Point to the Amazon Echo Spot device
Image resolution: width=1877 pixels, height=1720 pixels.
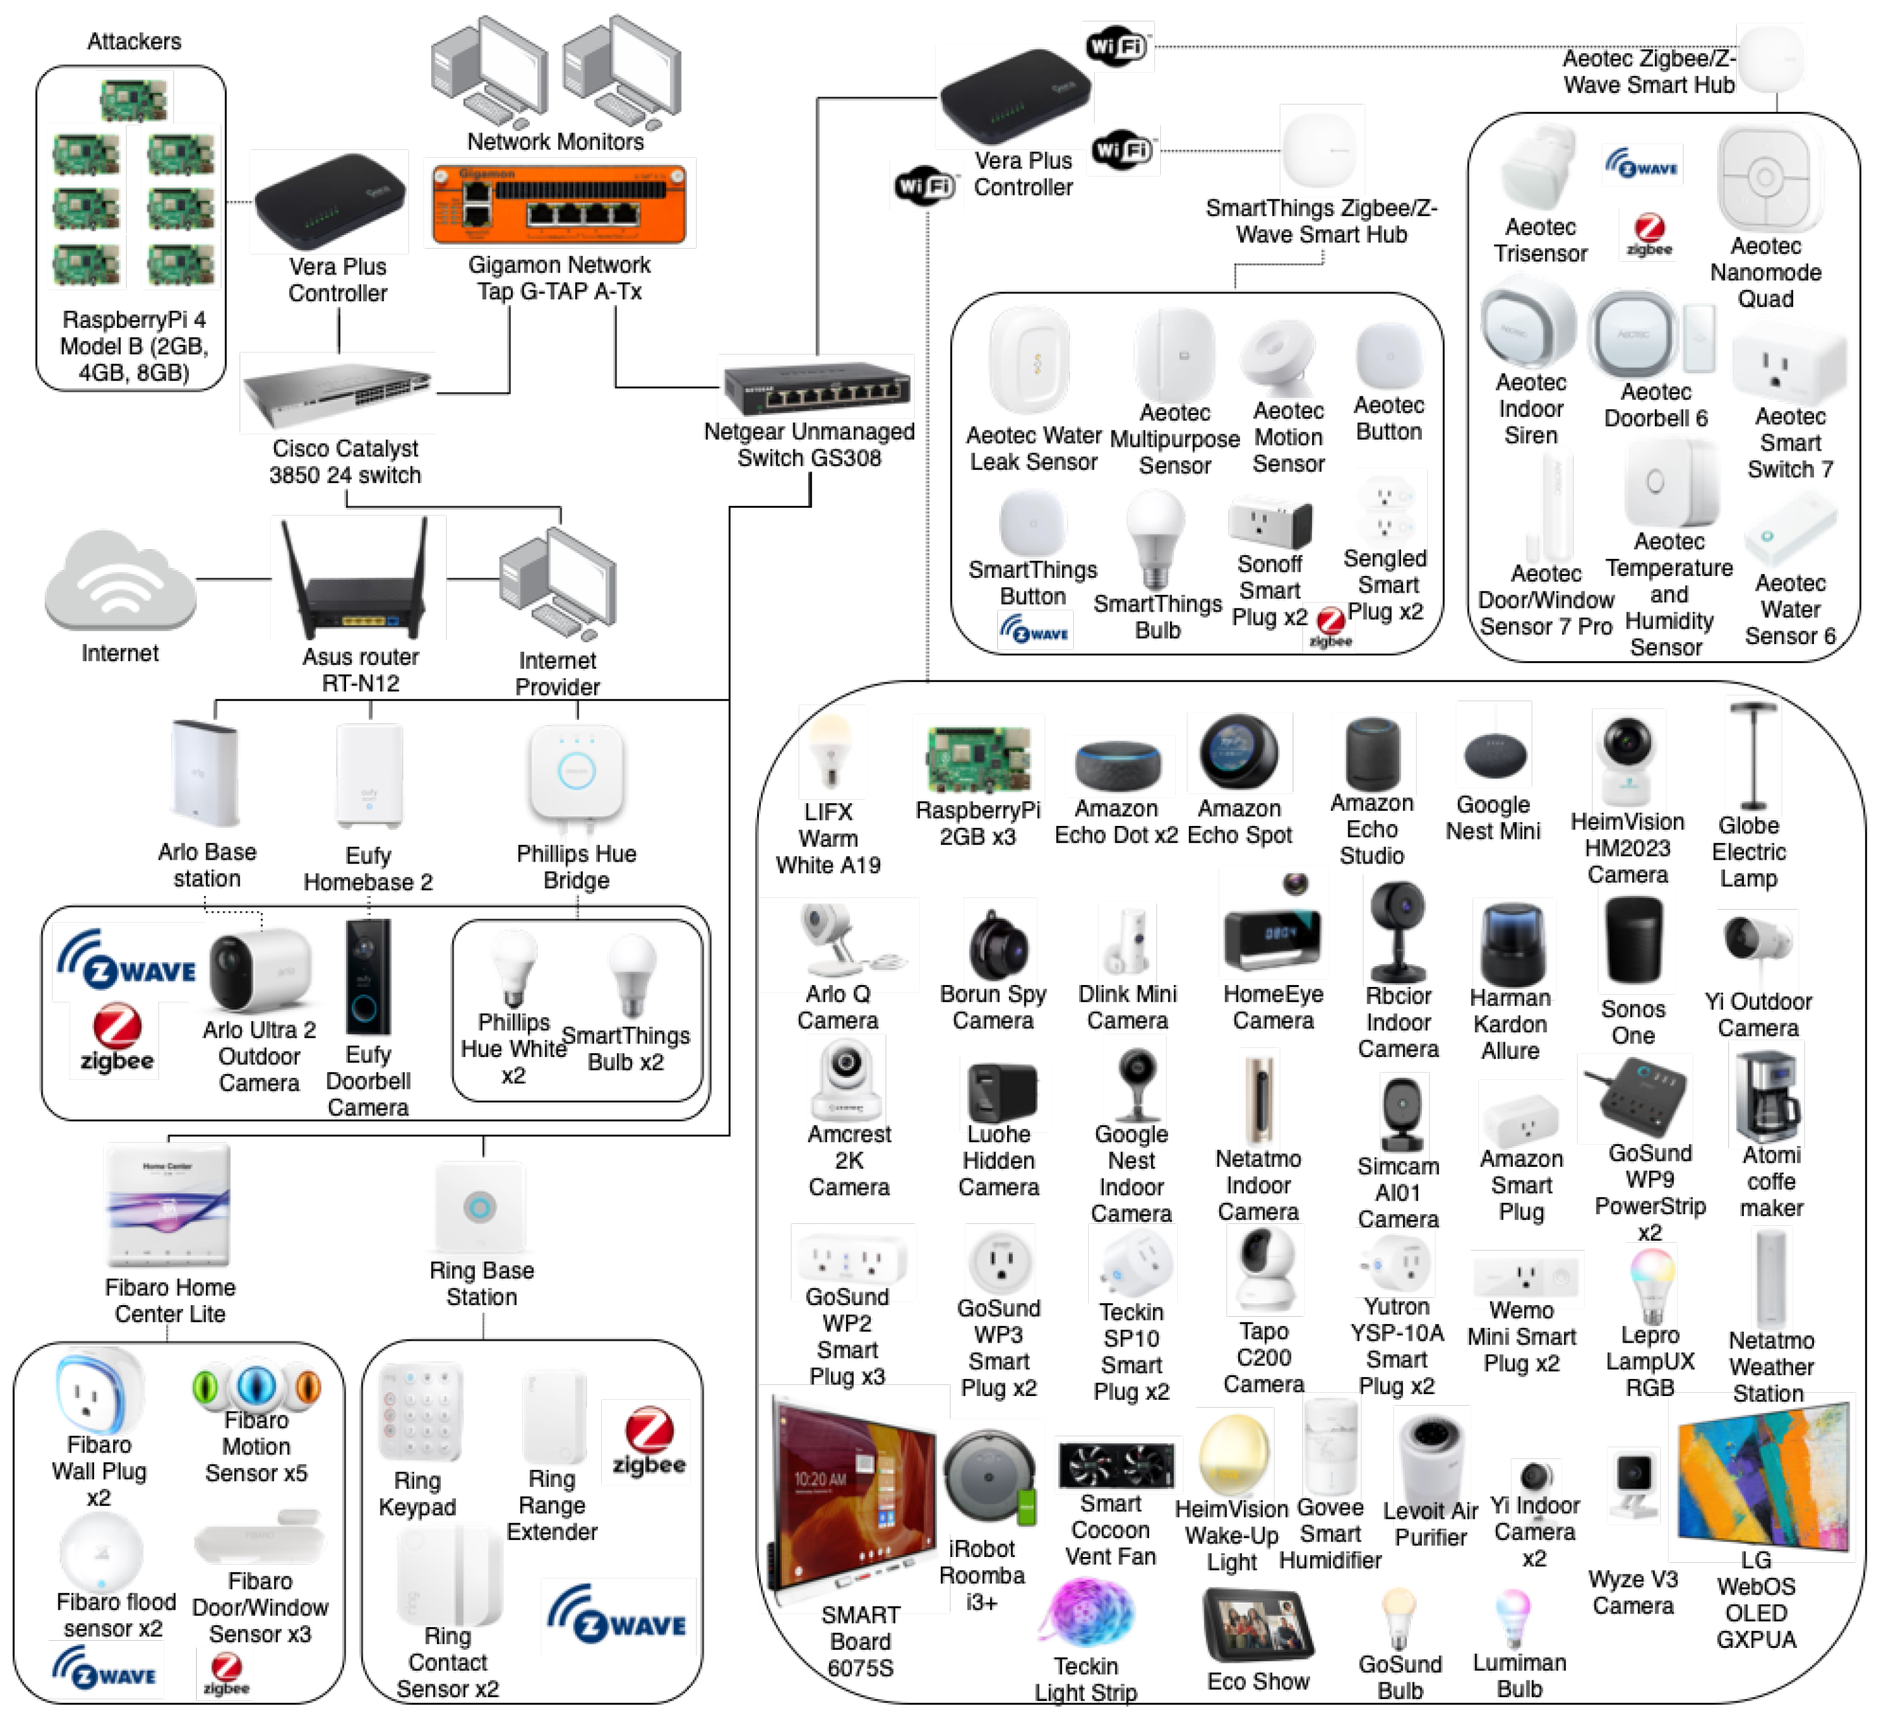tap(1238, 753)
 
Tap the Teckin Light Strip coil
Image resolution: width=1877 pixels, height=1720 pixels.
tap(1087, 1615)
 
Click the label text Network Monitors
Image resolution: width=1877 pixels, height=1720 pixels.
tap(555, 142)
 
